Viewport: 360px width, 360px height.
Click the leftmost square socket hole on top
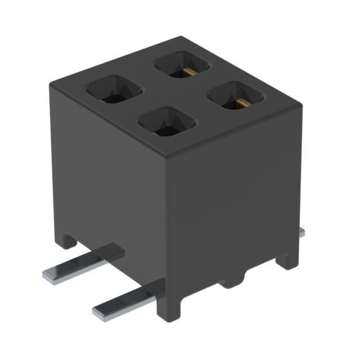point(113,89)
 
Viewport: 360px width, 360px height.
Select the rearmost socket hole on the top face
point(182,65)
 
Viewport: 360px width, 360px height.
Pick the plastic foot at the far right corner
point(287,260)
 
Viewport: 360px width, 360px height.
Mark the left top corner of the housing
point(52,83)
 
